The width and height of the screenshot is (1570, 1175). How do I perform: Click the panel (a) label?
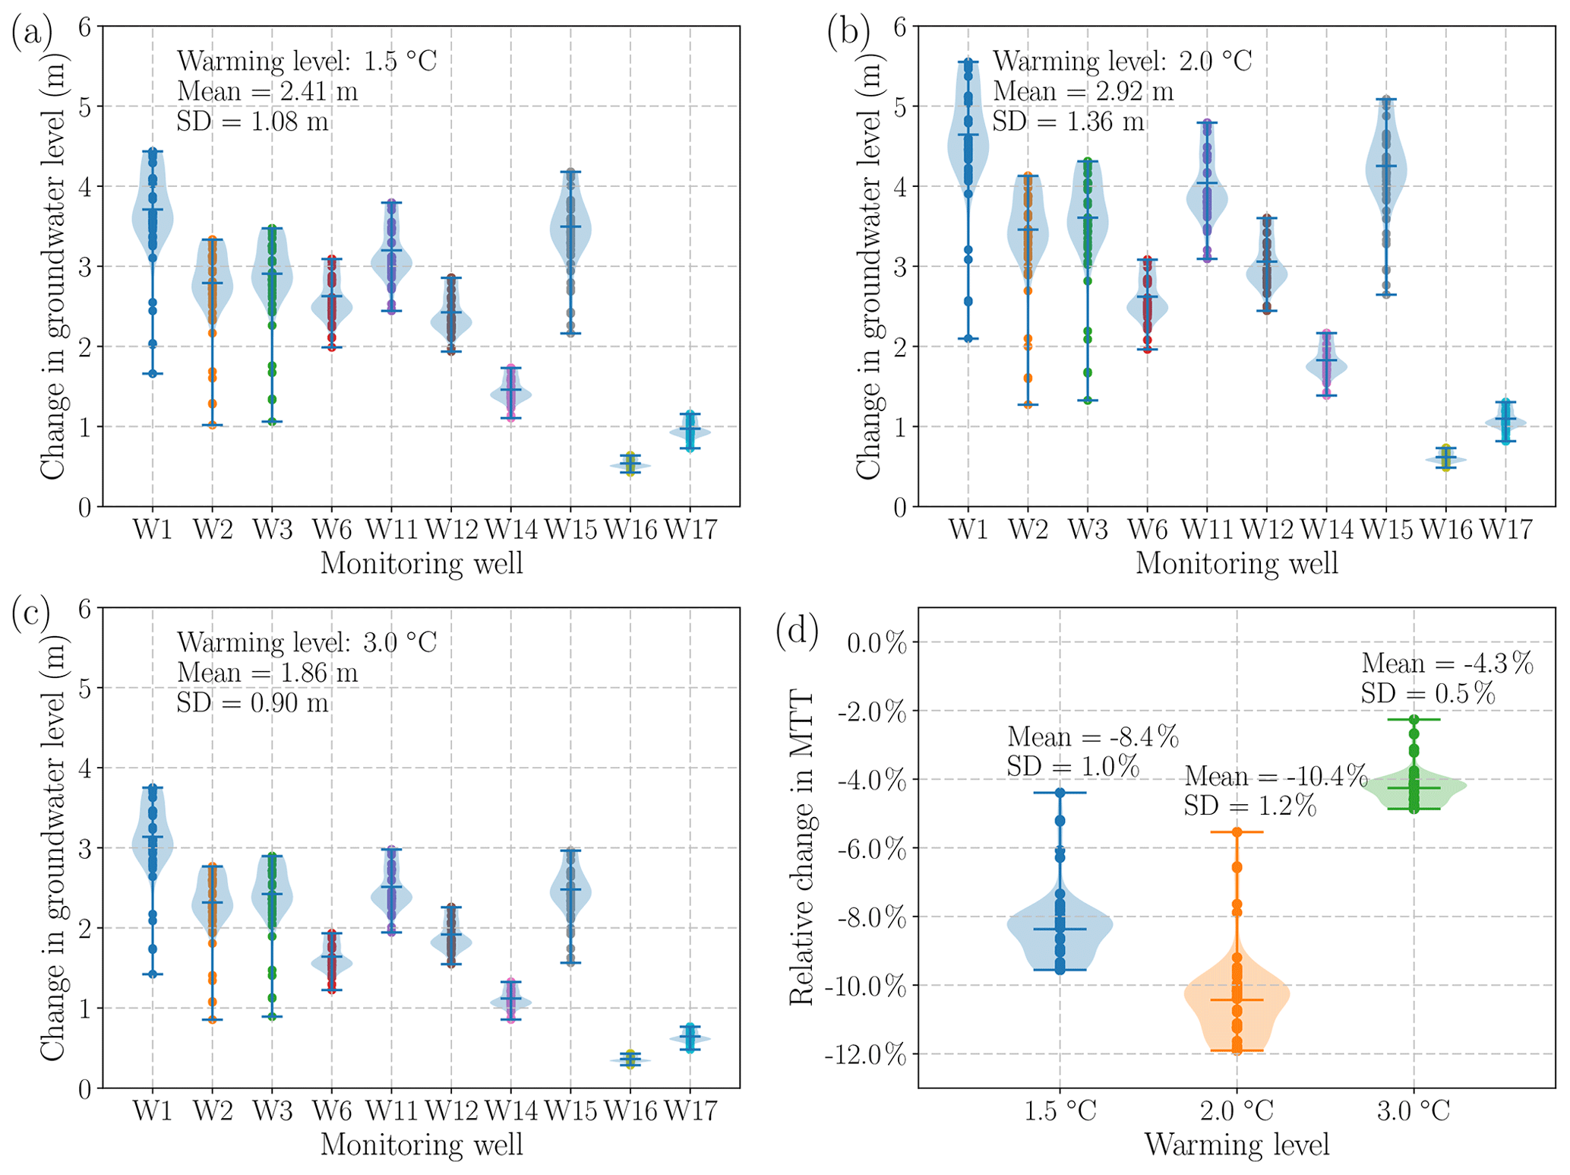(x=32, y=34)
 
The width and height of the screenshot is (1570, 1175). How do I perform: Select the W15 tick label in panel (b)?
(x=1386, y=530)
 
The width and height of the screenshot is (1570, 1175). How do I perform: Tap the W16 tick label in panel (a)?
(x=630, y=530)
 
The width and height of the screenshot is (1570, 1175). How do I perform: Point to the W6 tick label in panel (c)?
(x=332, y=1111)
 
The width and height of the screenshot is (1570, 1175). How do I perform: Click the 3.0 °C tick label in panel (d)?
(x=1414, y=1112)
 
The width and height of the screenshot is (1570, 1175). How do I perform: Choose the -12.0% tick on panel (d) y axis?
(x=872, y=1055)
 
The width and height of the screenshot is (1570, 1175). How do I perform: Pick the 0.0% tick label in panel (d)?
(x=877, y=644)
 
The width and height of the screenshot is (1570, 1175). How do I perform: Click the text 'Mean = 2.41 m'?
(x=267, y=91)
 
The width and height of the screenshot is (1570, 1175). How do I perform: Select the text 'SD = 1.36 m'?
(x=1068, y=122)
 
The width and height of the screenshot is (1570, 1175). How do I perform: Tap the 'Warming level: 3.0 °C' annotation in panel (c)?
(x=307, y=642)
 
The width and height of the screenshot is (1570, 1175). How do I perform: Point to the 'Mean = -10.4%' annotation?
(x=1276, y=776)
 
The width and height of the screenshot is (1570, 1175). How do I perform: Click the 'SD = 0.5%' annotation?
(x=1428, y=694)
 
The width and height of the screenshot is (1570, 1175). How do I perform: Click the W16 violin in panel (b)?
(x=1445, y=459)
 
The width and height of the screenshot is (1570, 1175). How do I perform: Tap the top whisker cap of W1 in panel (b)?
(x=968, y=62)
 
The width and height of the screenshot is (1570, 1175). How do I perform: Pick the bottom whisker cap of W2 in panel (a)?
(x=213, y=425)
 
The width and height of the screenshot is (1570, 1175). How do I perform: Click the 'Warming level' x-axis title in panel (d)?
(x=1237, y=1145)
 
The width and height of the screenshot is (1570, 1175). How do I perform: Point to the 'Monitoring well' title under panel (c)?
(x=422, y=1145)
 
